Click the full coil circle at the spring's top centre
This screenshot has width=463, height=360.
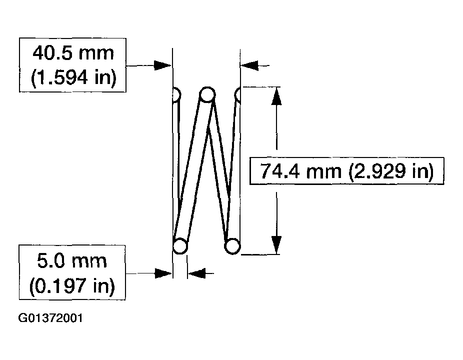pyautogui.click(x=207, y=94)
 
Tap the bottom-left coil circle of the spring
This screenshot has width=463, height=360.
pyautogui.click(x=180, y=246)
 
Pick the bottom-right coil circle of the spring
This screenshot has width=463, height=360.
pyautogui.click(x=232, y=246)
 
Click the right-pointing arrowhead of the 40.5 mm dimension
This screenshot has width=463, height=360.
pyautogui.click(x=163, y=65)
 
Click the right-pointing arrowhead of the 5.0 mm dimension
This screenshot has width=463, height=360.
pyautogui.click(x=163, y=273)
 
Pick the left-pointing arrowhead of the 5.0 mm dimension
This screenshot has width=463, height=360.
pyautogui.click(x=196, y=273)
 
